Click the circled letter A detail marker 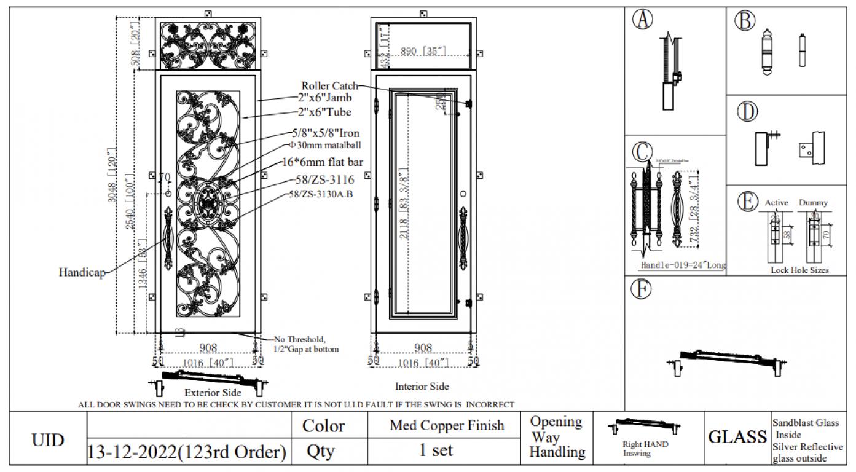642,20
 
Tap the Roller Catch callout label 329,85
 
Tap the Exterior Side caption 213,392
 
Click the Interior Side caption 422,387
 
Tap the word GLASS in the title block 737,437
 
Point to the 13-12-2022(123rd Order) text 187,452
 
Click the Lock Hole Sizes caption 799,270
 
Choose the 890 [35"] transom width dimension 423,52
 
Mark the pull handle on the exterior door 168,235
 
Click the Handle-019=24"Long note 682,265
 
